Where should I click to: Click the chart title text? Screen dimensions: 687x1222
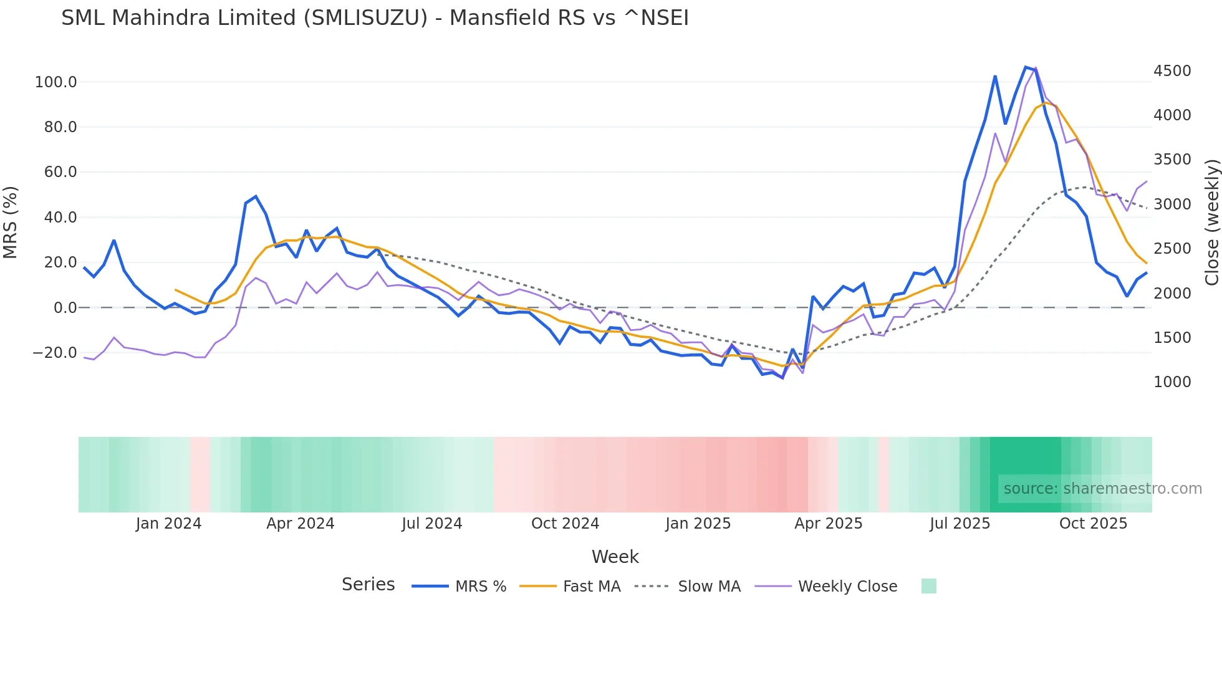[375, 18]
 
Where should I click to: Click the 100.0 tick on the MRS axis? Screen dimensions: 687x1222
[55, 82]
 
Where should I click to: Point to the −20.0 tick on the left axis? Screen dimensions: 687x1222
[54, 353]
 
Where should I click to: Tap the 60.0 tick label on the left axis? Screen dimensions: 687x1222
[60, 172]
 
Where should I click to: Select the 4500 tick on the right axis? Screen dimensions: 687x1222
[1172, 71]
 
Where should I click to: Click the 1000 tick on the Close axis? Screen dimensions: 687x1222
[1172, 382]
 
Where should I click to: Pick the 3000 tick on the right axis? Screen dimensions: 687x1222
[1172, 204]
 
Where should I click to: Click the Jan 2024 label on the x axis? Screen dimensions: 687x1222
[168, 524]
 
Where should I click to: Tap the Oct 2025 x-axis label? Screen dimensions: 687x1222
[1093, 524]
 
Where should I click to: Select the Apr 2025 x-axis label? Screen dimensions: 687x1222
[828, 524]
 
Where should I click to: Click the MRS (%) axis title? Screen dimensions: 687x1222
[11, 223]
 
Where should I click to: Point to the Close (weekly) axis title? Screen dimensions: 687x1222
[1211, 223]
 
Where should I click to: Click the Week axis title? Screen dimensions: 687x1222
[615, 557]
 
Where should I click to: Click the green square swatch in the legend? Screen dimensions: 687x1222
[928, 586]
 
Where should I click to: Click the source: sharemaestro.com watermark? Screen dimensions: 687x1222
[1102, 489]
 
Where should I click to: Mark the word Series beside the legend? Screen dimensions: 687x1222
[368, 585]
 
